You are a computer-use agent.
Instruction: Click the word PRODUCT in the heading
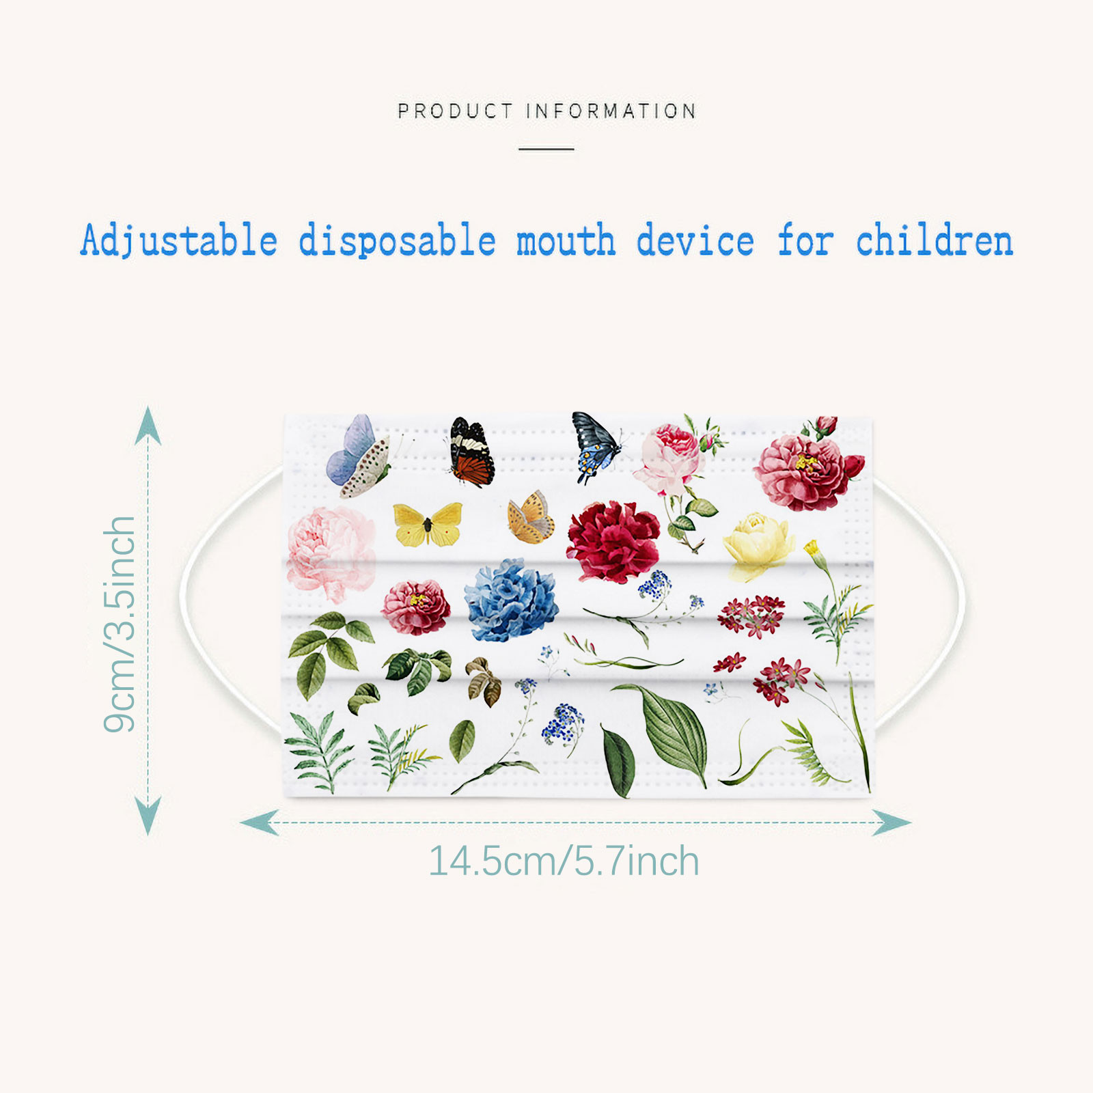[x=455, y=111]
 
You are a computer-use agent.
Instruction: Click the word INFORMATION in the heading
[x=611, y=111]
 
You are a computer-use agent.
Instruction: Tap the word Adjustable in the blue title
[x=179, y=241]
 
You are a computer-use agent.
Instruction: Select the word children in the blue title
[x=935, y=240]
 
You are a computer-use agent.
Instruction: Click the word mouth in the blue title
[x=566, y=240]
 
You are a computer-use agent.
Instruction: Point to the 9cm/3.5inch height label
[x=120, y=624]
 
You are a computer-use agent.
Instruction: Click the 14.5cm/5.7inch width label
[x=564, y=861]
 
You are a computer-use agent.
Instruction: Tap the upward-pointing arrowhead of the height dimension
[x=148, y=425]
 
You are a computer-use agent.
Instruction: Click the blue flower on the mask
[x=511, y=600]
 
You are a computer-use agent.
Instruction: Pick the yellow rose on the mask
[x=758, y=544]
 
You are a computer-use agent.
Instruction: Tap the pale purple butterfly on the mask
[x=359, y=456]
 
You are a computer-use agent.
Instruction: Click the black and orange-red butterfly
[x=471, y=452]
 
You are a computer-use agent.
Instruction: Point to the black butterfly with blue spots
[x=596, y=447]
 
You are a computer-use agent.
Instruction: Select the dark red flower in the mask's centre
[x=613, y=542]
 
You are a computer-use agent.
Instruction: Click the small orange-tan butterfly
[x=531, y=517]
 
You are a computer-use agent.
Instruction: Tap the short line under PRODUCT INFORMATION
[x=546, y=149]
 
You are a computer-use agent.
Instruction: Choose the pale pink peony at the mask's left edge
[x=331, y=553]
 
